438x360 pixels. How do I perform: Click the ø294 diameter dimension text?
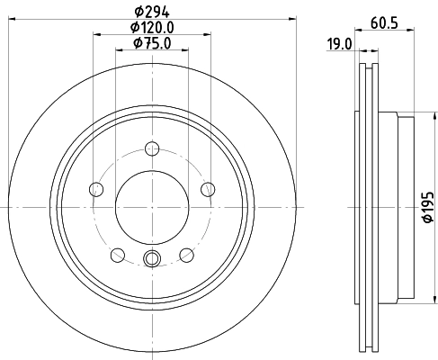point(151,13)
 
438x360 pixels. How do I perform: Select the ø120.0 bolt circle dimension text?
point(151,28)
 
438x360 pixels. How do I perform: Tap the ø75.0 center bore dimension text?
point(151,43)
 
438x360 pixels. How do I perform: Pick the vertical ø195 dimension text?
point(428,204)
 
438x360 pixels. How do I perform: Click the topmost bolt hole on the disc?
point(151,148)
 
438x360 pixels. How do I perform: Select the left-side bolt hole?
point(94,189)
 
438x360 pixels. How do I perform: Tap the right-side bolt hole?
point(208,188)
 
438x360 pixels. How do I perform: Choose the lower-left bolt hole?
point(116,255)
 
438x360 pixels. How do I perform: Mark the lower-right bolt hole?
point(186,255)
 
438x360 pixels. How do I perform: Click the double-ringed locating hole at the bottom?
point(151,260)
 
